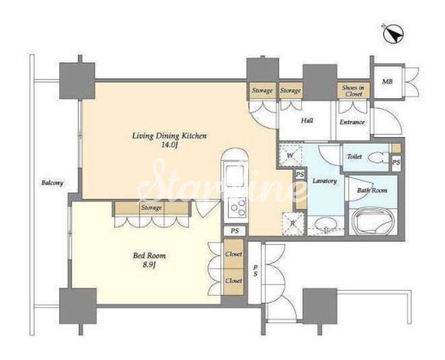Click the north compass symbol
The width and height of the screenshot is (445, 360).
393,34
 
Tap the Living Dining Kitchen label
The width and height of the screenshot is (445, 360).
170,136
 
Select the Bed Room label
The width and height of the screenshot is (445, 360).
149,256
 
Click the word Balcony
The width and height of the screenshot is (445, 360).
52,183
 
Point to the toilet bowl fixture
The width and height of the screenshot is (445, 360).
377,157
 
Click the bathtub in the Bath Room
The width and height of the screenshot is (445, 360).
373,222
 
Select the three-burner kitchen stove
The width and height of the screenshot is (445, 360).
238,207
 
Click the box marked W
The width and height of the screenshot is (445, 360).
290,155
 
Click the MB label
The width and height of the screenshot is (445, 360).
387,82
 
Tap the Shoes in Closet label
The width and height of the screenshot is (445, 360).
353,90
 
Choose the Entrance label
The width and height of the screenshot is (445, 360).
352,122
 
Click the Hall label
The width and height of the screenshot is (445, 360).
307,121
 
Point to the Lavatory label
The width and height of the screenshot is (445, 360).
325,181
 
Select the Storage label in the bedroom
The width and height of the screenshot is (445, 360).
151,207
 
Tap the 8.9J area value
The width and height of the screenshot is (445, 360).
149,265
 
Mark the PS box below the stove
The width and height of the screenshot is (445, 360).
235,231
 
